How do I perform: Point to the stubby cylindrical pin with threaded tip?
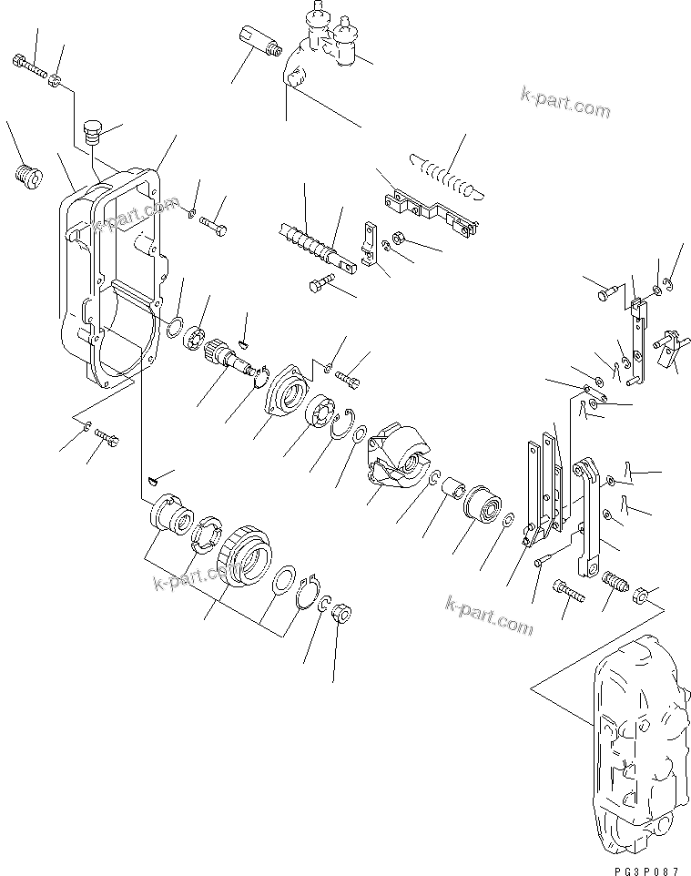click(259, 42)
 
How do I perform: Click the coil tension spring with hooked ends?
click(442, 172)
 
